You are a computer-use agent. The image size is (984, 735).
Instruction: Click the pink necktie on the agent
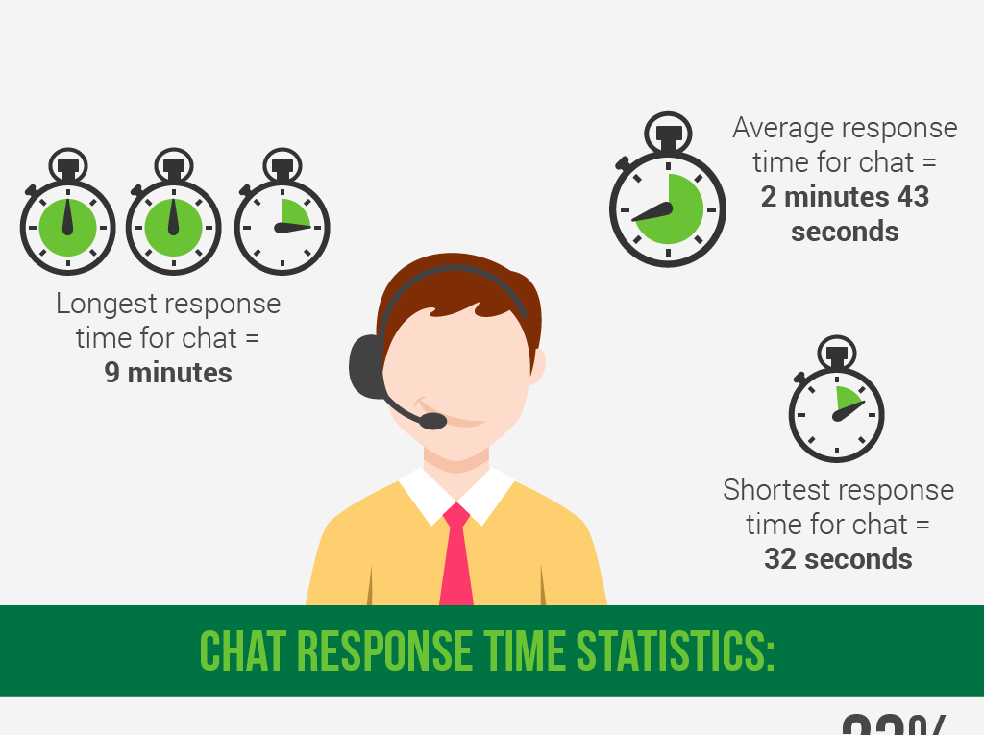(456, 562)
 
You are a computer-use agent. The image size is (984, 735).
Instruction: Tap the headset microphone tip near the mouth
(433, 421)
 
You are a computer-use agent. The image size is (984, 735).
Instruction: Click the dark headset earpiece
(366, 366)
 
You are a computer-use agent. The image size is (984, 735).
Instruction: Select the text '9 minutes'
(168, 373)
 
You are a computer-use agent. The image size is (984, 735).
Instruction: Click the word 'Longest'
(105, 304)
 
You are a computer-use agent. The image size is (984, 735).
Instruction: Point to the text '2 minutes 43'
(845, 197)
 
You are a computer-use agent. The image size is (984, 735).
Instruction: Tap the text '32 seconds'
(838, 559)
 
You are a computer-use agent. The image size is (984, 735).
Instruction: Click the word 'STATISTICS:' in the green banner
(676, 652)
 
